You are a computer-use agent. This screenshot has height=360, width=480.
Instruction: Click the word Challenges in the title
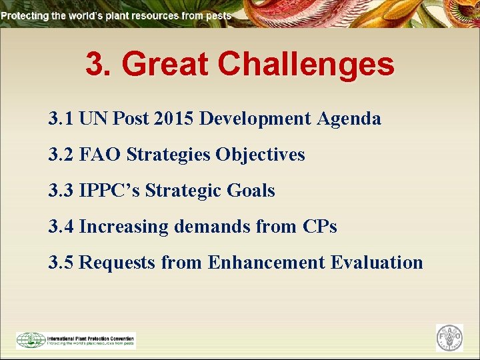[306, 65]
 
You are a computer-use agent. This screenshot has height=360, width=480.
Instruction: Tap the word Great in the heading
[167, 65]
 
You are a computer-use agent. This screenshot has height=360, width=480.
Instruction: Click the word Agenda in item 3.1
[349, 119]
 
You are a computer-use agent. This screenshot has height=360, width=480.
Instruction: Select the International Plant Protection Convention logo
[75, 340]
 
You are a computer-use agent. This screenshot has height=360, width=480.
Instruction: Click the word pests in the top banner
[219, 15]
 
